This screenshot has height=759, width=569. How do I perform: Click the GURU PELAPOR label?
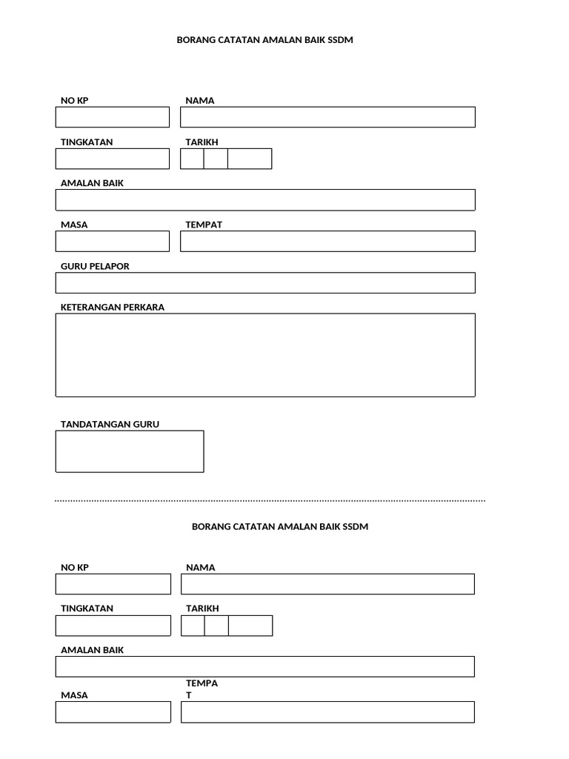tap(95, 266)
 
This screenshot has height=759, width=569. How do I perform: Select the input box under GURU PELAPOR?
tap(265, 283)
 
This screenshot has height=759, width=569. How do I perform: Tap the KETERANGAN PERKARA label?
tap(113, 308)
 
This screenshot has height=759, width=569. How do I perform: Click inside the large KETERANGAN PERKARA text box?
tap(265, 355)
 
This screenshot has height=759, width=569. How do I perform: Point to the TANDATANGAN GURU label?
tap(110, 425)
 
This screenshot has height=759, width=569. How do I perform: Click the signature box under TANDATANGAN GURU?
tap(130, 451)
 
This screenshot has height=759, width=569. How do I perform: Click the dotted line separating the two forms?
tap(270, 501)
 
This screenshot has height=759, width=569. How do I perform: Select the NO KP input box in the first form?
tap(113, 117)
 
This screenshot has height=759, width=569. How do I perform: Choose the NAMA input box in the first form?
tap(327, 117)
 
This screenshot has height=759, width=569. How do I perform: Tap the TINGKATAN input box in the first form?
tap(113, 159)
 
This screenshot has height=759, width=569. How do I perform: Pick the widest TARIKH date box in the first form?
tap(250, 159)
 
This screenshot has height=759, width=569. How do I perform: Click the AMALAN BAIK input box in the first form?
tap(265, 200)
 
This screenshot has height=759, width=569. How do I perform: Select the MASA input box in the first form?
tap(113, 242)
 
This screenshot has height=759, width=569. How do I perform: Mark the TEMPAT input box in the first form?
tap(327, 242)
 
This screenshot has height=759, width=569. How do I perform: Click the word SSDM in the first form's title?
tap(340, 40)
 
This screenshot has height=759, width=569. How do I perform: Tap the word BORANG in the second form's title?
tap(212, 526)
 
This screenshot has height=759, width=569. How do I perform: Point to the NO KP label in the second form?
tap(75, 567)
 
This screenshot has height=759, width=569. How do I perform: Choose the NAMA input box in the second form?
tap(327, 584)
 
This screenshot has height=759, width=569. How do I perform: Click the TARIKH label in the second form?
tap(202, 609)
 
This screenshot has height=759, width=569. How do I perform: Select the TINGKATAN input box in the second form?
tap(113, 626)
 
